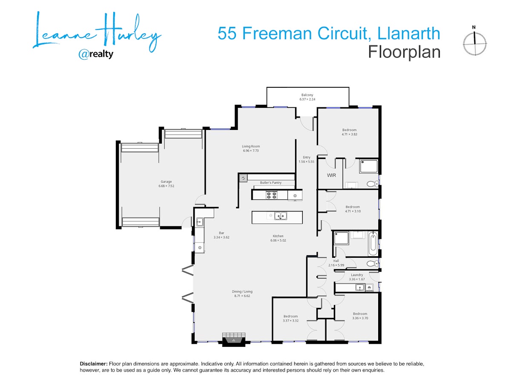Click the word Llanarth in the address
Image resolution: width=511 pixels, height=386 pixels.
(x=408, y=33)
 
